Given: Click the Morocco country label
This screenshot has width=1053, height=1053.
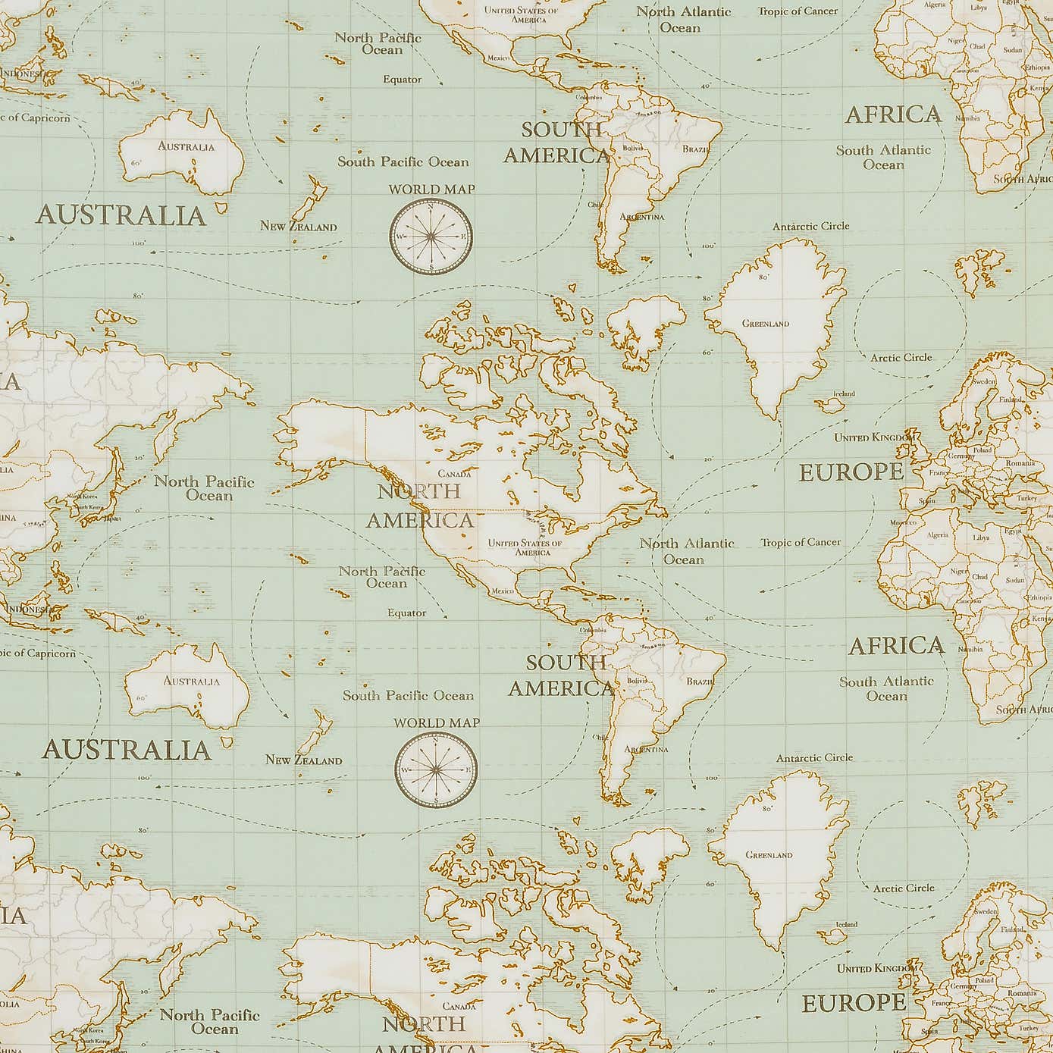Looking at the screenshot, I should click(x=903, y=522).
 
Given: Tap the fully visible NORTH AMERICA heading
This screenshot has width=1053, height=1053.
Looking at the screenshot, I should click(x=420, y=505).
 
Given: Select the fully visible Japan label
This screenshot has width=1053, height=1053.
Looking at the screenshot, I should click(x=111, y=519).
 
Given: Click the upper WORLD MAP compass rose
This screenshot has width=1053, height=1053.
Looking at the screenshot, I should click(x=431, y=236).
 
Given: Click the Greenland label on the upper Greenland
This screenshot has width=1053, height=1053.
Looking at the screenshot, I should click(x=766, y=324).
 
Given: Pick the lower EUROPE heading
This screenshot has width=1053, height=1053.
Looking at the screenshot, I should click(x=854, y=1003).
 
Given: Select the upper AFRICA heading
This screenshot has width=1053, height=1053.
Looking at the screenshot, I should click(x=893, y=115).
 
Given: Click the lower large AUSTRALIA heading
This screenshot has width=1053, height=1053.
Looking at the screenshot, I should click(x=126, y=750).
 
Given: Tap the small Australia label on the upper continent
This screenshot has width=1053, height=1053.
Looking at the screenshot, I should click(x=186, y=146).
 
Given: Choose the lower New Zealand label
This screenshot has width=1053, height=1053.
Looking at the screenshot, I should click(x=303, y=760).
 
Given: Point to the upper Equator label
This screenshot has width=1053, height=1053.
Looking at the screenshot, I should click(x=402, y=80).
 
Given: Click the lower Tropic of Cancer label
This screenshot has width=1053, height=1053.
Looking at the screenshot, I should click(x=801, y=542).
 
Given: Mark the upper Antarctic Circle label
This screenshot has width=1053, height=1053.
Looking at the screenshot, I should click(x=810, y=226).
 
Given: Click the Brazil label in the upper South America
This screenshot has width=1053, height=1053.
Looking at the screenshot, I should click(x=696, y=149).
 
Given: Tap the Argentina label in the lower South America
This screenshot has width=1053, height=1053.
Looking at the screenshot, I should click(x=646, y=749).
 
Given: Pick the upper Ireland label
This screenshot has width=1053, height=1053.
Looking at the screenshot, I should click(x=844, y=393).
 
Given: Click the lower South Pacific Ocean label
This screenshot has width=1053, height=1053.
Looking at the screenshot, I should click(x=408, y=695).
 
